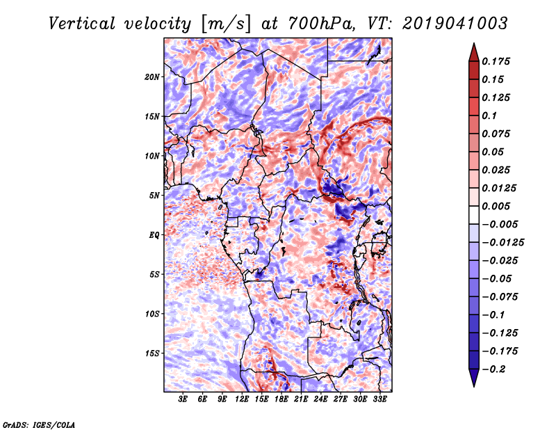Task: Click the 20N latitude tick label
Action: point(153,77)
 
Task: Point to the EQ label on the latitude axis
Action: point(155,234)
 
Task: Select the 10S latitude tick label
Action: point(153,314)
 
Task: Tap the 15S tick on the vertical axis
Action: point(153,353)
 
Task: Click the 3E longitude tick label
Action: point(183,399)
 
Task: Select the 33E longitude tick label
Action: point(380,399)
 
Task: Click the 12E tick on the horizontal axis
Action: point(243,399)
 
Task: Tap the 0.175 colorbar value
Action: point(498,61)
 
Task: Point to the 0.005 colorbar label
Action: point(498,206)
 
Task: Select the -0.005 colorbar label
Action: point(500,224)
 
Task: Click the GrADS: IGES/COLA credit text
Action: point(38,424)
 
